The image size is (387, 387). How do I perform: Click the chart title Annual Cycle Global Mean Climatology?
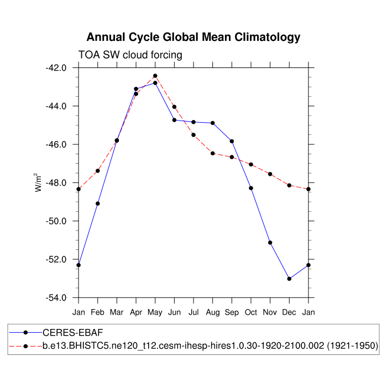(193, 37)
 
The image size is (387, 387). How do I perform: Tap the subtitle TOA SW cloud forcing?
(130, 54)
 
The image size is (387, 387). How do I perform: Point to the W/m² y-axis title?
(39, 182)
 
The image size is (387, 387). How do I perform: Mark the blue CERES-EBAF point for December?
(289, 279)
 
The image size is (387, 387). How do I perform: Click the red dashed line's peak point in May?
(155, 76)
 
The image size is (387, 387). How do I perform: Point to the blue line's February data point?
(98, 203)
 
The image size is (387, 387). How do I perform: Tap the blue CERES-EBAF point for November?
(270, 243)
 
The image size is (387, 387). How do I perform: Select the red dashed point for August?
(213, 153)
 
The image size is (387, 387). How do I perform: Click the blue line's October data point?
(251, 188)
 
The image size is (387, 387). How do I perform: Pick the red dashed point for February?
(98, 171)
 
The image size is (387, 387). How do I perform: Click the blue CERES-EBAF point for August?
(213, 123)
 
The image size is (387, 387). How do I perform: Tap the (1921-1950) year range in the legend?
(352, 346)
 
